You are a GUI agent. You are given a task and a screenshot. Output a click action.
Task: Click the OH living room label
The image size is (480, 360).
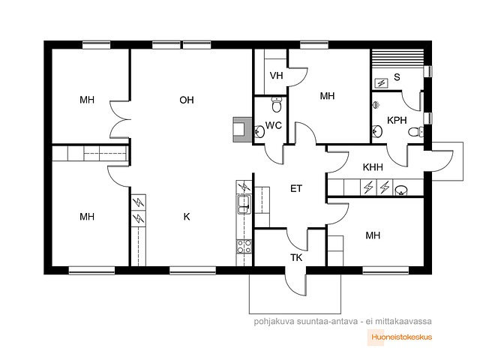(x=187, y=100)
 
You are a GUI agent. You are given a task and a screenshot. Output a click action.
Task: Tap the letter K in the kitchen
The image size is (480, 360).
(x=187, y=217)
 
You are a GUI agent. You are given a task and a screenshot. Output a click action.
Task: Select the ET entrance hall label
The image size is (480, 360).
(x=296, y=188)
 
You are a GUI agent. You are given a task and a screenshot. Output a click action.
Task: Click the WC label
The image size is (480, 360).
(x=274, y=125)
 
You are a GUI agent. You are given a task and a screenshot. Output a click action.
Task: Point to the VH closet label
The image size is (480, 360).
(x=276, y=76)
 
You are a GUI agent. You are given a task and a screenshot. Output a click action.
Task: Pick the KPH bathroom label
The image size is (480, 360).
(x=396, y=120)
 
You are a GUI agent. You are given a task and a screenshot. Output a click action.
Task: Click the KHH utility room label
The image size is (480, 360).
(x=373, y=167)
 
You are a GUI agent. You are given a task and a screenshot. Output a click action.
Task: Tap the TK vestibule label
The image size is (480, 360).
(x=296, y=257)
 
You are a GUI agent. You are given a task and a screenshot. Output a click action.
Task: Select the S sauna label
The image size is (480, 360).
(x=397, y=76)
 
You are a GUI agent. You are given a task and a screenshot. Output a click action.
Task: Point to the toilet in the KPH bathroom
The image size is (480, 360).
(x=413, y=132)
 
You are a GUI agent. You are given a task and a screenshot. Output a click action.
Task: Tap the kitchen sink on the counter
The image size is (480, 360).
(x=243, y=201)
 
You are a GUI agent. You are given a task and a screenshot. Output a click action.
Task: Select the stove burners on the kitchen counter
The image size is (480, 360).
(x=243, y=244)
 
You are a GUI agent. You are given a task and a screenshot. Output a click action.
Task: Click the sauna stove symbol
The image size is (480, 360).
(x=380, y=82)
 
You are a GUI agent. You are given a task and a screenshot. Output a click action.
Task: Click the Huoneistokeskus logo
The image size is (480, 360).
(x=402, y=337)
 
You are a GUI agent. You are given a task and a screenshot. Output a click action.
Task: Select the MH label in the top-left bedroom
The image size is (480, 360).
(x=88, y=100)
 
